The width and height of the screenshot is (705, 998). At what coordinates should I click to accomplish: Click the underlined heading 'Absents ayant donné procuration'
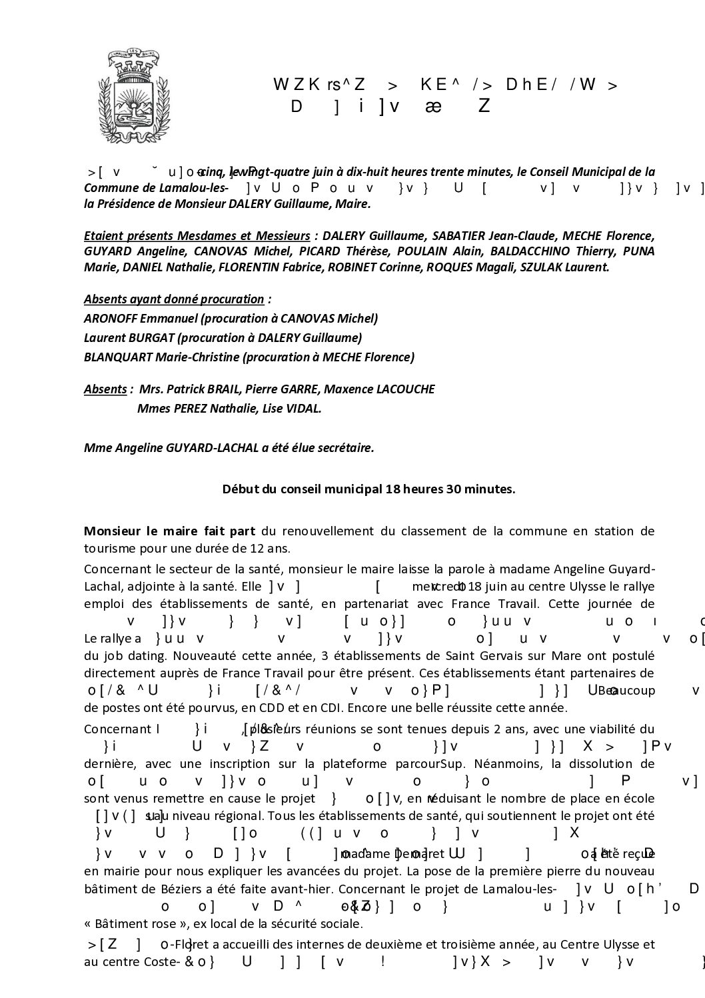coord(174,299)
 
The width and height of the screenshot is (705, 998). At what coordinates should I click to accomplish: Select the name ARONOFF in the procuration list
coord(107,318)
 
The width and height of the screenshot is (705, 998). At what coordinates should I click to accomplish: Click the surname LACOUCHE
coord(404,389)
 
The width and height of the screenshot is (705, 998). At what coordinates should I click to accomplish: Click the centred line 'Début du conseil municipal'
coord(368,489)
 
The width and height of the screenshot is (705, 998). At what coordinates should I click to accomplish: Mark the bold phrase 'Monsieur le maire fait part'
coord(169,531)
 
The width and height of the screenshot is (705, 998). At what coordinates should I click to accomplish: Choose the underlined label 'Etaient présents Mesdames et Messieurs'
coord(197,235)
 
